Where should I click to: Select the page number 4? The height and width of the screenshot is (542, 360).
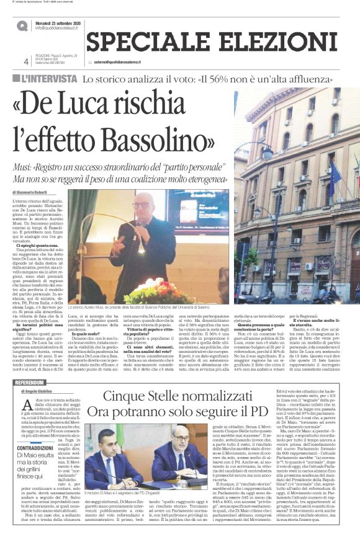(x=26, y=62)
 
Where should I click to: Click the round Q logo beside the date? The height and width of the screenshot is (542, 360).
(x=22, y=25)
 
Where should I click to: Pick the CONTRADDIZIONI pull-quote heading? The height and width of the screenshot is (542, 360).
(x=34, y=447)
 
